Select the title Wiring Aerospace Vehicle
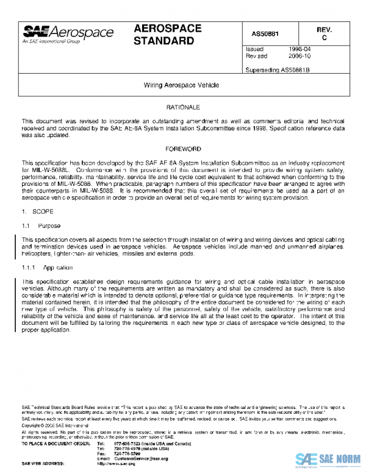coord(181,86)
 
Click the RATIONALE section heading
coord(183,107)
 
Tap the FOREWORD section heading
coord(183,149)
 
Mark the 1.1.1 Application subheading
coord(48,268)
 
